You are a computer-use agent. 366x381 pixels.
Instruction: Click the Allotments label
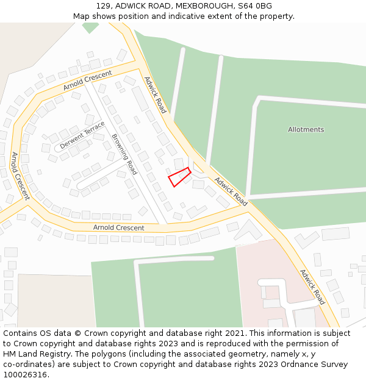[306, 129]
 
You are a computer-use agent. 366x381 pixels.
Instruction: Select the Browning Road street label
[124, 151]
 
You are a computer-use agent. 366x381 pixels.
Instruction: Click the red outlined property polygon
[179, 177]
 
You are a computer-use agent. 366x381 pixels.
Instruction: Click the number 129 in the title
[103, 6]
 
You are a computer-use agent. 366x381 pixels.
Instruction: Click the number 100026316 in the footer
[25, 375]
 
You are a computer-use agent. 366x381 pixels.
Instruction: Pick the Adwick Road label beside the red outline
[231, 191]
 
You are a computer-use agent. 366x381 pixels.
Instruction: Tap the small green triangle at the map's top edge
[90, 27]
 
